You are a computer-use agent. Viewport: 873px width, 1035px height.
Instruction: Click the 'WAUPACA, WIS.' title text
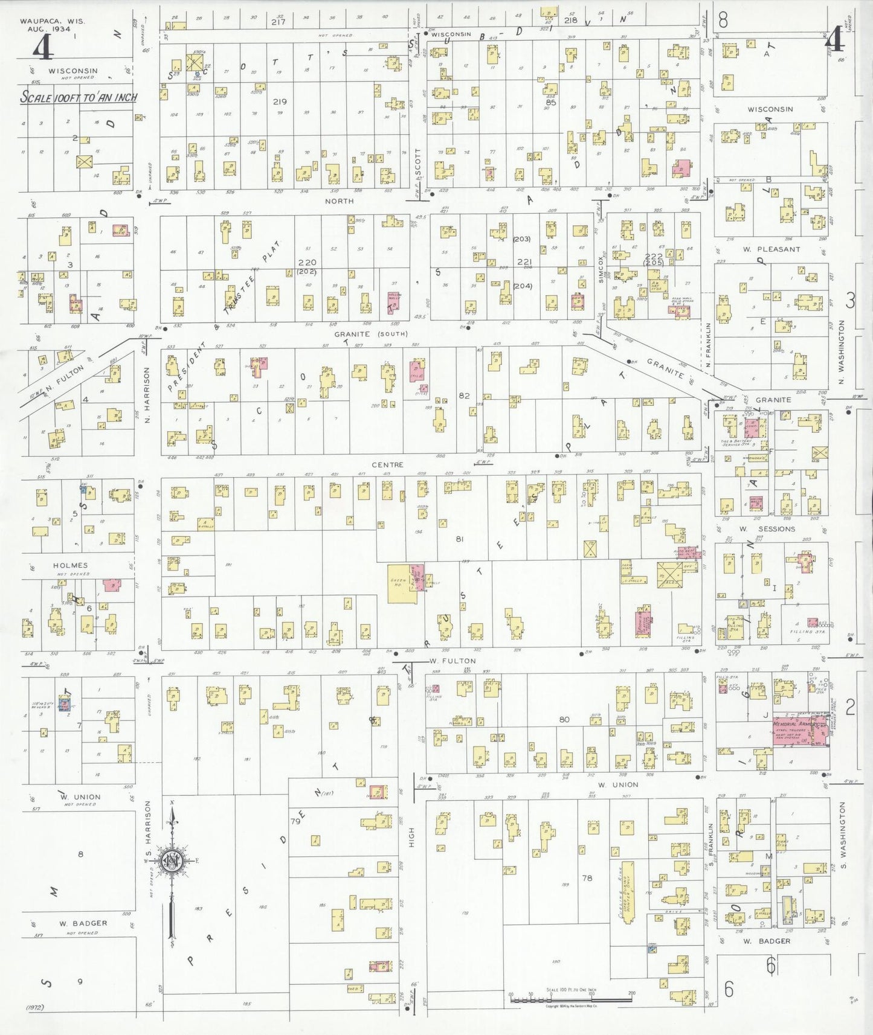pos(53,21)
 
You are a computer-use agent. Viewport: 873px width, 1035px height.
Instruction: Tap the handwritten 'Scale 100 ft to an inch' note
pos(79,97)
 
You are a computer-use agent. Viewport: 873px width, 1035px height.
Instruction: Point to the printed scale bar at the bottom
pos(570,1000)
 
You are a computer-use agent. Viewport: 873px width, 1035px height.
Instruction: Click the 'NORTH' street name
pos(339,201)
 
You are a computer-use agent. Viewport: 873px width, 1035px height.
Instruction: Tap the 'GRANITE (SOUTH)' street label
pos(371,333)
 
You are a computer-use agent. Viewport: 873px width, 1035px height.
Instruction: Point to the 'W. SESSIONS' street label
pos(767,529)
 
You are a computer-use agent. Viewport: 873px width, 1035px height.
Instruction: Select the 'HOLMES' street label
pos(70,565)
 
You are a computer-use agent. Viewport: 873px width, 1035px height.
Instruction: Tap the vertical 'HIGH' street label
pos(411,837)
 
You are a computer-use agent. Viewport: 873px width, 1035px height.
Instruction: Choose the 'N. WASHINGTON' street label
pos(841,354)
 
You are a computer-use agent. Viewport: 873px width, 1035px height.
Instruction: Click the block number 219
pos(279,101)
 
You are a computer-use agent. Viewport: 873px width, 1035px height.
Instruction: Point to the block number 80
pos(564,719)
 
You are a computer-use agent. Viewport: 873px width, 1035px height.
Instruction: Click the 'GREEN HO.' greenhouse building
pos(398,582)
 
